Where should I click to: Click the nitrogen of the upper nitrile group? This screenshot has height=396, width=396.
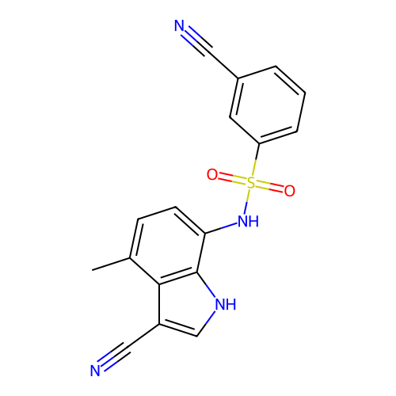tap(179, 26)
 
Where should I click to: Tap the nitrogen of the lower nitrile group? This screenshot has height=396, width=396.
tap(95, 371)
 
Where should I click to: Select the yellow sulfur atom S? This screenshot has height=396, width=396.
tap(251, 183)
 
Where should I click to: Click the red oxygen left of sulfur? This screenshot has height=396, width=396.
tap(212, 174)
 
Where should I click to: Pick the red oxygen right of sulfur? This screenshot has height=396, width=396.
tap(290, 191)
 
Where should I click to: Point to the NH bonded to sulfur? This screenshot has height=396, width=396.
tap(248, 221)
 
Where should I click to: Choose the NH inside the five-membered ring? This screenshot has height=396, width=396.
tap(226, 304)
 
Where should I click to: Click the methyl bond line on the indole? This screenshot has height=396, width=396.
tap(111, 264)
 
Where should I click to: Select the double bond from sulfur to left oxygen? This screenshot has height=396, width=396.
tap(232, 178)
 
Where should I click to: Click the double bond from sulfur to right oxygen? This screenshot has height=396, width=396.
tap(269, 187)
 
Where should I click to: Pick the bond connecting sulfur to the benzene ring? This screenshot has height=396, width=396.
tap(255, 160)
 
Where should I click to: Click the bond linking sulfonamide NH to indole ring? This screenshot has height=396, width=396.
tap(221, 228)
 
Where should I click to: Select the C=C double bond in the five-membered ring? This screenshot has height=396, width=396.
tap(178, 330)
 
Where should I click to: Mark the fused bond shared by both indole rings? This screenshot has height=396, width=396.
tap(178, 278)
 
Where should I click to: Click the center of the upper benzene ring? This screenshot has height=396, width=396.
tap(268, 105)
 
